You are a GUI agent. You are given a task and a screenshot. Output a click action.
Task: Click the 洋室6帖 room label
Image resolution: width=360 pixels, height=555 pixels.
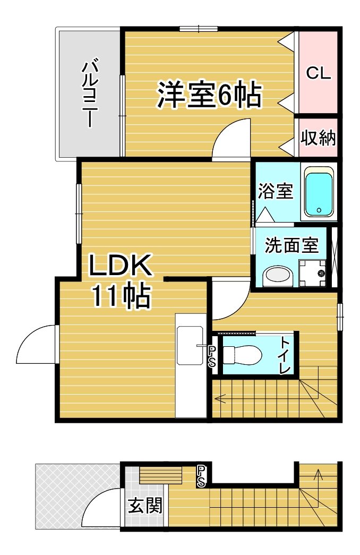[x=208, y=95]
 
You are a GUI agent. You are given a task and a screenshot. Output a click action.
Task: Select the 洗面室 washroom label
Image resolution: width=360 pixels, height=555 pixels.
[x=292, y=245]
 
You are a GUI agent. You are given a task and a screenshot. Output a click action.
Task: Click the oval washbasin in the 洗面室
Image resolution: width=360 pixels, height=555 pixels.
[x=278, y=275]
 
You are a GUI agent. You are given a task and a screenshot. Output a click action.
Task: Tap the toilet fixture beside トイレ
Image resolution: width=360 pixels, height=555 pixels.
[x=242, y=353]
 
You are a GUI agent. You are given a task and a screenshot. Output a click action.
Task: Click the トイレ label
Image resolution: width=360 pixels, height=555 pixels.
[x=286, y=355]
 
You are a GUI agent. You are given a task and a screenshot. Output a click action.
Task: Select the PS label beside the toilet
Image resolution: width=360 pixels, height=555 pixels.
[x=211, y=356]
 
